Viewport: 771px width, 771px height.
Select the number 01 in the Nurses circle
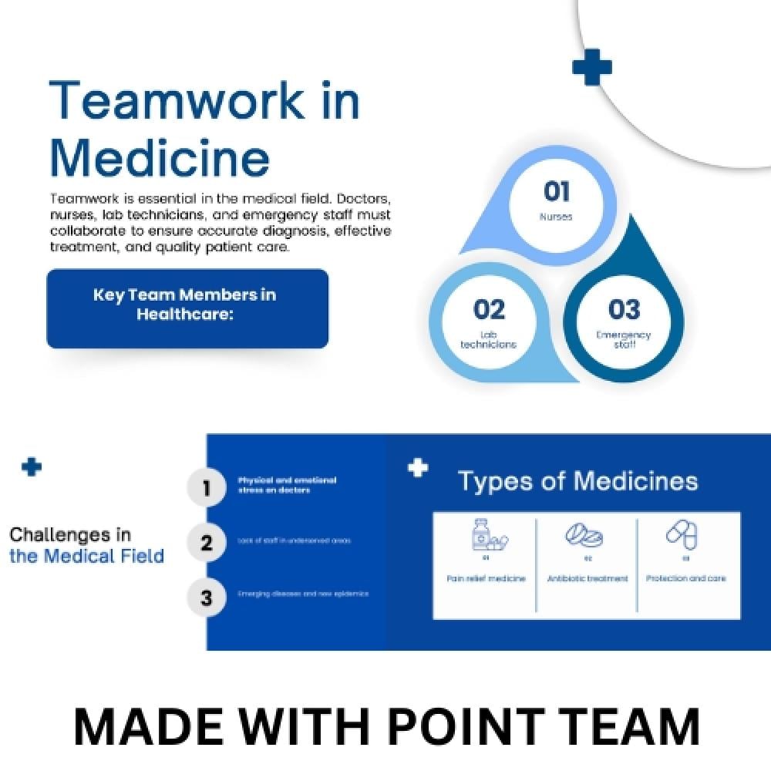click(x=556, y=191)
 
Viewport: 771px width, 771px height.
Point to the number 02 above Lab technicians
click(x=489, y=309)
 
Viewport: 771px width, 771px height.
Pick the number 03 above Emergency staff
click(x=624, y=309)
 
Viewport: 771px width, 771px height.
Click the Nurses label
click(x=556, y=217)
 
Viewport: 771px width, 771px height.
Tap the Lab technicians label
click(x=488, y=340)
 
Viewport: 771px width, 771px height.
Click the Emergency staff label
click(x=624, y=339)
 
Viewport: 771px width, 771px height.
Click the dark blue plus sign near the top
click(x=591, y=67)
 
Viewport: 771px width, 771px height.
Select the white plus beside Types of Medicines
click(x=417, y=467)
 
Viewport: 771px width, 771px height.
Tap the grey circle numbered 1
click(x=206, y=488)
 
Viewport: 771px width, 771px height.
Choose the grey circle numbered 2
click(x=206, y=543)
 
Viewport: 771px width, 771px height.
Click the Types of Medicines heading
click(x=577, y=481)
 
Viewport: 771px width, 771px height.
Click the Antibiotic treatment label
click(x=588, y=578)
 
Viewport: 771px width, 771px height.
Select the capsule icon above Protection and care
click(x=682, y=534)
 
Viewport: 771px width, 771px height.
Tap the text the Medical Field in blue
click(x=86, y=556)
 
